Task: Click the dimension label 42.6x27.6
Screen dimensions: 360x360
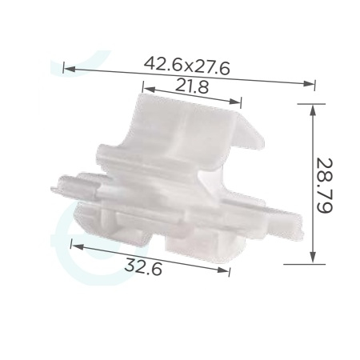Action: [x=186, y=66]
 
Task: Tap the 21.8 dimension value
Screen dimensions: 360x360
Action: [x=192, y=86]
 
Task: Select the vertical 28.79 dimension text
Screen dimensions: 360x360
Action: [x=324, y=186]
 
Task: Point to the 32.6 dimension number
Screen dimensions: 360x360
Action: [x=143, y=266]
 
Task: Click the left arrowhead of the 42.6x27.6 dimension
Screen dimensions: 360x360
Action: [x=70, y=69]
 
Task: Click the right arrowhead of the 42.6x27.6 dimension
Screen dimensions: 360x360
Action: [x=309, y=83]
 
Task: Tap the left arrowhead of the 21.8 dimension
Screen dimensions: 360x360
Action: [x=150, y=90]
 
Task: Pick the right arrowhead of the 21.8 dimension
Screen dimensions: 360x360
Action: [x=235, y=102]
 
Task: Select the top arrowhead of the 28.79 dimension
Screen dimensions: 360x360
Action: [x=313, y=110]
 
